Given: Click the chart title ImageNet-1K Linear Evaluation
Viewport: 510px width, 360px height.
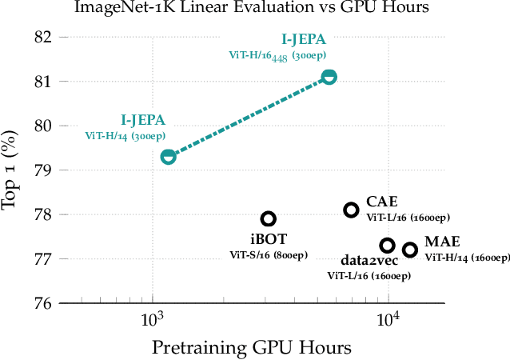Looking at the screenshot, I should [254, 9].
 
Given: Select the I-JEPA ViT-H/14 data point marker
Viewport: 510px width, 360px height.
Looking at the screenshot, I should [168, 157].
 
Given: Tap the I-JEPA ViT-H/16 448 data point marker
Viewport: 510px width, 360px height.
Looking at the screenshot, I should [329, 77].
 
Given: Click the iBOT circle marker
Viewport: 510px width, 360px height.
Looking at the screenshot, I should [269, 218].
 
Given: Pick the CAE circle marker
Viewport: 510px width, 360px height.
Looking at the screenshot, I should [351, 210].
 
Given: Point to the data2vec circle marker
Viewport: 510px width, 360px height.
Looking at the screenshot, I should [387, 246].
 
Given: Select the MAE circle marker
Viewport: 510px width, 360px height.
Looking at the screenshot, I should [410, 250].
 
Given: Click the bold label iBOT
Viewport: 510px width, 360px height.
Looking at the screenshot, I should [268, 238].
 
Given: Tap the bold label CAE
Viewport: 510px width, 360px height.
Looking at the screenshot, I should [382, 202].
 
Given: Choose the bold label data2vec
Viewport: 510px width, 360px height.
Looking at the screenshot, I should [369, 261].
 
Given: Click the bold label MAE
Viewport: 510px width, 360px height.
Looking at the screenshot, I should [441, 242].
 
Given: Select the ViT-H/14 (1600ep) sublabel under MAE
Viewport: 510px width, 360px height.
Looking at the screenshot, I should [467, 258].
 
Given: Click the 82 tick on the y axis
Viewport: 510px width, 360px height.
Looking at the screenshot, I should [42, 37].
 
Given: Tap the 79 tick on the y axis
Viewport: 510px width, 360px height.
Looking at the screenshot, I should [42, 170].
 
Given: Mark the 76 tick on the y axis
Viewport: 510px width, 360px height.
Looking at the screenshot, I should [42, 303].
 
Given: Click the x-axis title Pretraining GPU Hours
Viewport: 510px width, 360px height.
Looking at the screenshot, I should [253, 348].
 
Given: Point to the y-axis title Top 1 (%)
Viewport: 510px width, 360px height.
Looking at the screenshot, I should [11, 170].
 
